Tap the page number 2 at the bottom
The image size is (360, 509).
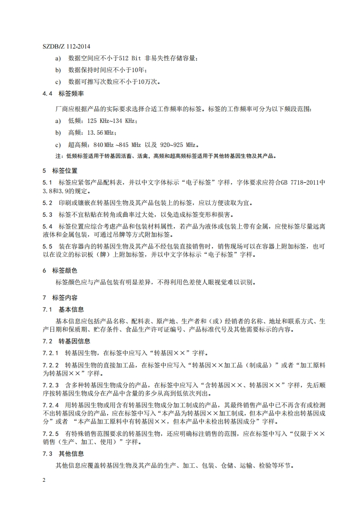44,480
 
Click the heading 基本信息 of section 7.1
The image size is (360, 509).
71,309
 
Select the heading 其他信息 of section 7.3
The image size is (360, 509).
71,454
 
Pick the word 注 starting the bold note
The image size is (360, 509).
57,156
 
